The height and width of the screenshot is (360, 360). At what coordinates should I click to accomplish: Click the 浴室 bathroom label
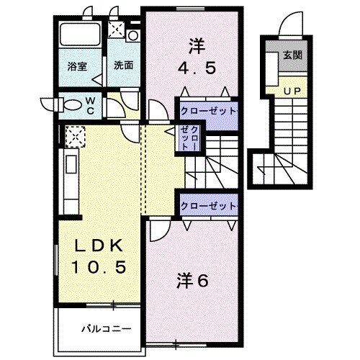[77, 65]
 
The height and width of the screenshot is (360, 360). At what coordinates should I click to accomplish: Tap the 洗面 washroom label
[123, 65]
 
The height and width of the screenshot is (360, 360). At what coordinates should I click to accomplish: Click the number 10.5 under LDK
[101, 267]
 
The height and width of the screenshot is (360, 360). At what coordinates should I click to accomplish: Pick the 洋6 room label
[192, 281]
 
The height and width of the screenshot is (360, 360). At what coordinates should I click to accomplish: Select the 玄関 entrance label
[292, 55]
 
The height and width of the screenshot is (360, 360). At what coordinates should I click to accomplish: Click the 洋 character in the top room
[196, 45]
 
